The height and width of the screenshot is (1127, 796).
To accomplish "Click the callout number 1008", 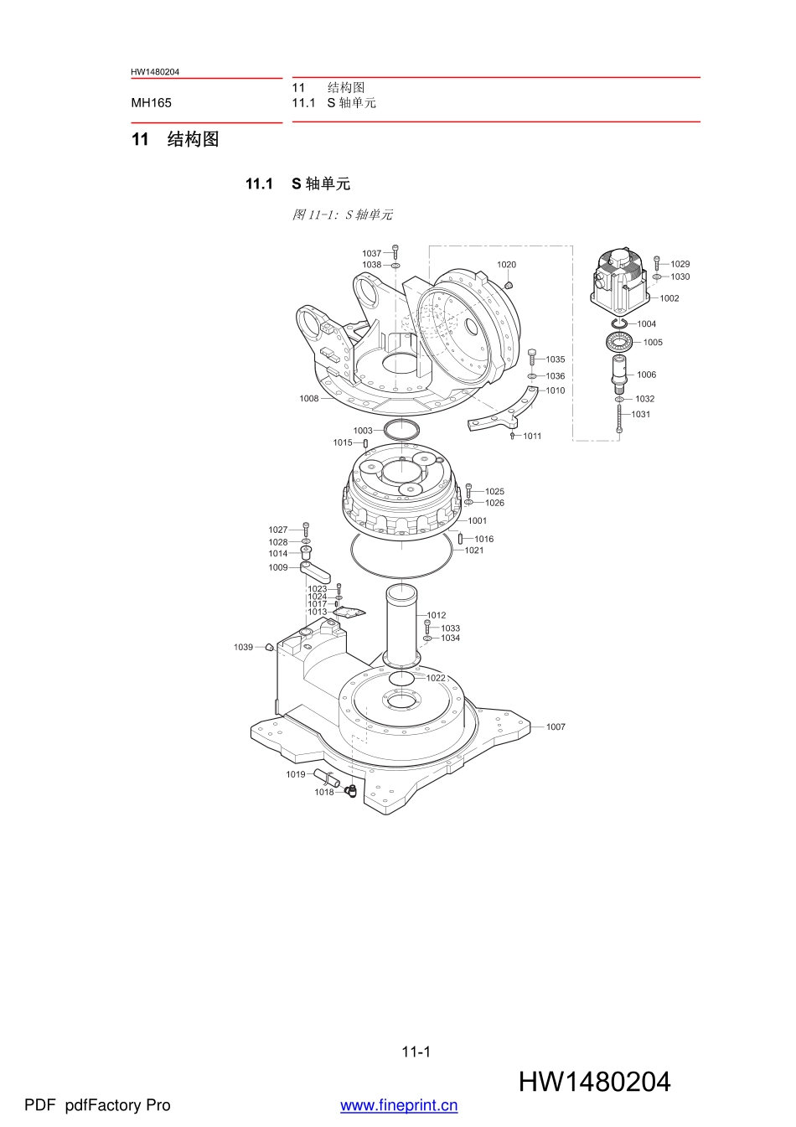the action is click(x=309, y=399).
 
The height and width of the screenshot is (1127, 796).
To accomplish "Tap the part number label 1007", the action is click(x=556, y=727).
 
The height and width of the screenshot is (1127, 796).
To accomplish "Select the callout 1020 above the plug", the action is click(x=506, y=265).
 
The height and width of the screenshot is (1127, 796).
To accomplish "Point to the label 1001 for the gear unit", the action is click(x=477, y=520).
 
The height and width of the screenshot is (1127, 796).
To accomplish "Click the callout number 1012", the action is click(x=437, y=615).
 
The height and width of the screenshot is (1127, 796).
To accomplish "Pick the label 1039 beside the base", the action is click(x=243, y=647).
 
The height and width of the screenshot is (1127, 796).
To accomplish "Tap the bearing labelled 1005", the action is click(x=620, y=343).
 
